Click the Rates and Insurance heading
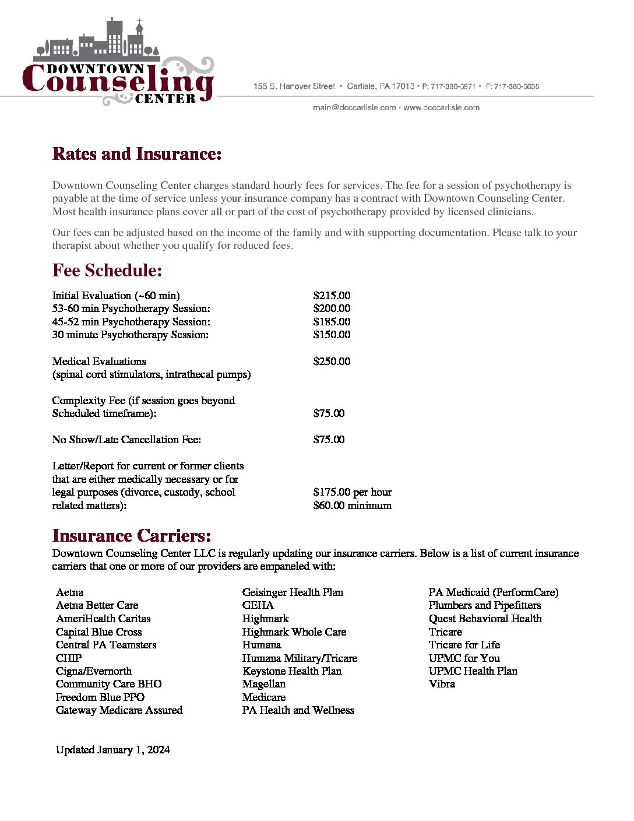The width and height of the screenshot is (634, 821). [x=137, y=154]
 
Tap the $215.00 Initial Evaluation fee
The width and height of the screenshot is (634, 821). [x=332, y=296]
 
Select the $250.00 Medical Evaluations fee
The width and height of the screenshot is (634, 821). [x=332, y=362]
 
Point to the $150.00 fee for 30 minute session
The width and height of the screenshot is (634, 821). [x=332, y=335]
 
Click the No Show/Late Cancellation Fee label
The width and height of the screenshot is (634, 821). [x=126, y=440]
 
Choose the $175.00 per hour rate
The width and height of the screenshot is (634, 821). [x=352, y=492]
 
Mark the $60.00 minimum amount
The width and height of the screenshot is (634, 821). [x=352, y=506]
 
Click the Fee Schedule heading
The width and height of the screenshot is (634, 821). [x=107, y=271]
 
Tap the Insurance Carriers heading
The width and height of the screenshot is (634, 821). [x=132, y=536]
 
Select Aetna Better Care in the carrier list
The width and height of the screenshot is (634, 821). [x=97, y=605]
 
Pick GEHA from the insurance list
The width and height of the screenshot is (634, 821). [x=258, y=605]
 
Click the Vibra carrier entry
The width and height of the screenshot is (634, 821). [x=442, y=684]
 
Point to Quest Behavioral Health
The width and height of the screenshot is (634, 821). [x=485, y=619]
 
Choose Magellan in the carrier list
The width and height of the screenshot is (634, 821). [x=263, y=684]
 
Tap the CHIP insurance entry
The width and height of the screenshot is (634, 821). [x=69, y=658]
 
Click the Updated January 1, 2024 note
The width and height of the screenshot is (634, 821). [x=112, y=750]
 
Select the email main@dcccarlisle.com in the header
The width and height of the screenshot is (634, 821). [x=354, y=108]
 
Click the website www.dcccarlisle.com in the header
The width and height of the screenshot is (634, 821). [x=441, y=108]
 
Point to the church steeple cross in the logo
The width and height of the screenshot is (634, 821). [x=139, y=23]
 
